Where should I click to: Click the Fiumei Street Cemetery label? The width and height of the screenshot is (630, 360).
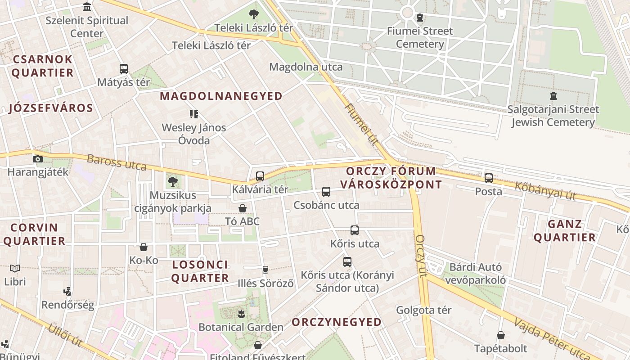click(x=420, y=37)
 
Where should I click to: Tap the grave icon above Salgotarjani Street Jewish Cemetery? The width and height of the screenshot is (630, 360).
click(x=553, y=95)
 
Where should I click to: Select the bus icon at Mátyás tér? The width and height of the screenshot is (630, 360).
click(x=124, y=69)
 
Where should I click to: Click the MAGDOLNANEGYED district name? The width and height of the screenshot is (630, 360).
click(x=221, y=96)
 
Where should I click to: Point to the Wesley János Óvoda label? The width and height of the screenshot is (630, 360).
click(x=194, y=134)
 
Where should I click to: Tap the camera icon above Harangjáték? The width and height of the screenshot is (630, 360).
click(x=38, y=159)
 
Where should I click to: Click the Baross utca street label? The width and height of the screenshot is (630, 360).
click(x=117, y=162)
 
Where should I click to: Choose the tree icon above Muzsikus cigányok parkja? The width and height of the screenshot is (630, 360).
click(x=173, y=182)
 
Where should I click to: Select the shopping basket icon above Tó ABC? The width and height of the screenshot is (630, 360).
click(x=243, y=208)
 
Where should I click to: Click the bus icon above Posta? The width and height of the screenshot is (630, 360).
click(x=489, y=178)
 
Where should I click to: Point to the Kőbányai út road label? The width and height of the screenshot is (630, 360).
click(x=545, y=190)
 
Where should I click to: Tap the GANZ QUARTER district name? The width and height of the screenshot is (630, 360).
click(x=565, y=231)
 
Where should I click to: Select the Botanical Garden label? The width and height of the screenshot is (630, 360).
click(x=241, y=327)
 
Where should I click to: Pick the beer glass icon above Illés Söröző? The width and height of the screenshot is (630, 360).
click(x=265, y=270)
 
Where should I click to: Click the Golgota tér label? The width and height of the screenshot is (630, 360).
click(x=423, y=310)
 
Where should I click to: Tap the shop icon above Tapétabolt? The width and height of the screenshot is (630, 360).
click(x=501, y=335)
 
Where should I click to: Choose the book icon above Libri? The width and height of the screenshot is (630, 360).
click(x=15, y=268)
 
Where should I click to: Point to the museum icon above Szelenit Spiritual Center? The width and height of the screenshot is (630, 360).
click(x=87, y=7)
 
